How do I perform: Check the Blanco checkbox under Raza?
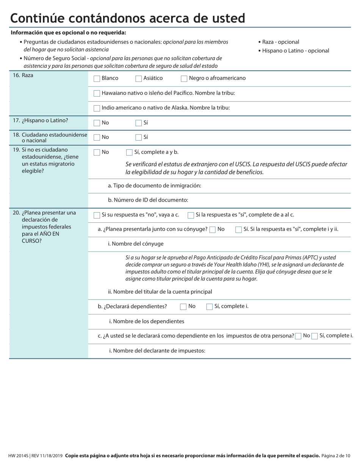tap(97, 79)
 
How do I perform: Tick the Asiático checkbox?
tap(139, 79)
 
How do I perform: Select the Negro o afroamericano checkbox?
tap(184, 79)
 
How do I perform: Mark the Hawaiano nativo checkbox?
tap(97, 94)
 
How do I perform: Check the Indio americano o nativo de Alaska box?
tap(97, 108)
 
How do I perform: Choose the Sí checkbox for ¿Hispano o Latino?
tap(139, 123)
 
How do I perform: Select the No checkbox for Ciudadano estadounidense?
tap(97, 138)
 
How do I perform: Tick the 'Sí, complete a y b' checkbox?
tap(130, 152)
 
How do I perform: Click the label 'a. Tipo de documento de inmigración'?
tap(155, 186)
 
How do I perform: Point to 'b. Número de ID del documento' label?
tap(148, 200)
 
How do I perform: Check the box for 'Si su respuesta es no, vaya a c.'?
tap(97, 215)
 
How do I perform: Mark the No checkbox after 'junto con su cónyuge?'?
tap(213, 230)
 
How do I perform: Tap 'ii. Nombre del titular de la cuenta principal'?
tap(160, 292)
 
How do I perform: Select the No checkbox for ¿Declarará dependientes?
tap(183, 307)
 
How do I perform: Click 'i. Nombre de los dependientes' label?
tap(147, 321)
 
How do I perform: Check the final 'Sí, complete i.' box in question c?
tap(315, 336)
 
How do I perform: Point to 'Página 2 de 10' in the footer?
tap(336, 456)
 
